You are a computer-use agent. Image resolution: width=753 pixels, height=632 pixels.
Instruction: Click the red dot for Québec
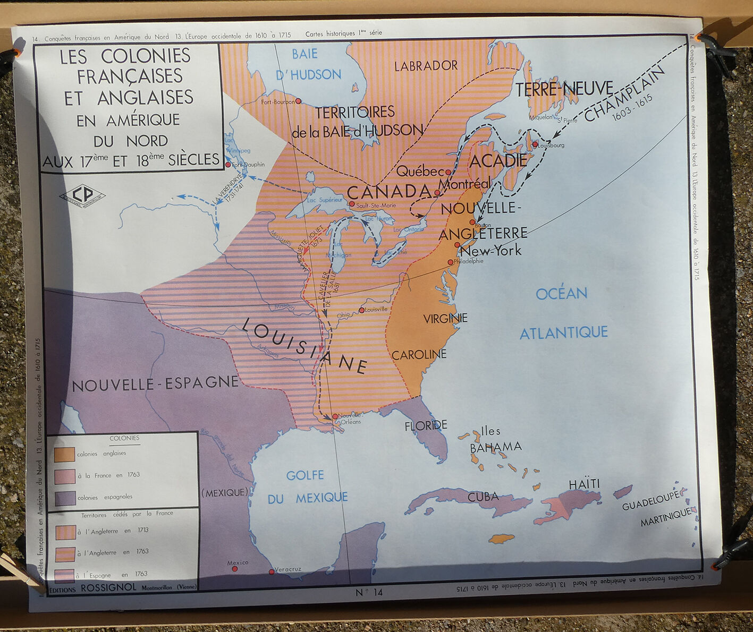pos(449,172)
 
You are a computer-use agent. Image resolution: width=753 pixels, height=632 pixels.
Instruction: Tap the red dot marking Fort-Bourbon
pos(298,101)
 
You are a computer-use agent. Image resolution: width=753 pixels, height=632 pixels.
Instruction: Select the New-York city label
pos(490,251)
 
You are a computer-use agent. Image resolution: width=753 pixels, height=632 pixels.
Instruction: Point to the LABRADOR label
pos(426,66)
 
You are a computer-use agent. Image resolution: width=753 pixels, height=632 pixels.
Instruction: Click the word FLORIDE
pos(426,425)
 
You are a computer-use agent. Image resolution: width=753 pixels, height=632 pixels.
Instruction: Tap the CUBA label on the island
pos(483,497)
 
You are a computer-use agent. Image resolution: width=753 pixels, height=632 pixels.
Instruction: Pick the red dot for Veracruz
pos(272,572)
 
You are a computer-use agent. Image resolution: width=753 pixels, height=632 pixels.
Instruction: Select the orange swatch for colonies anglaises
pos(64,454)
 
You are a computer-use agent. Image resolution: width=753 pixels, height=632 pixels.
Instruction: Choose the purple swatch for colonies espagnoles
pos(64,498)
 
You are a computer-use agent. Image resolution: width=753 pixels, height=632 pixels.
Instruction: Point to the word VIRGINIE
pos(445,319)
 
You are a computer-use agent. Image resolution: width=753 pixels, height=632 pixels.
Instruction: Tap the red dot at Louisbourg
pos(535,144)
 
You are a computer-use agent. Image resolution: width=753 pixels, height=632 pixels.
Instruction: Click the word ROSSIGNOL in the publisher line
pos(108,587)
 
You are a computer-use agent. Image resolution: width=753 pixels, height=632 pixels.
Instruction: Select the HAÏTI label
pos(584,484)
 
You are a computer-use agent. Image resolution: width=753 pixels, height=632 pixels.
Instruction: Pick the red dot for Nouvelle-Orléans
pos(335,417)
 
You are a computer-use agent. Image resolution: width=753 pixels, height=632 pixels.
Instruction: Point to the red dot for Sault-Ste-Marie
pos(351,203)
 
